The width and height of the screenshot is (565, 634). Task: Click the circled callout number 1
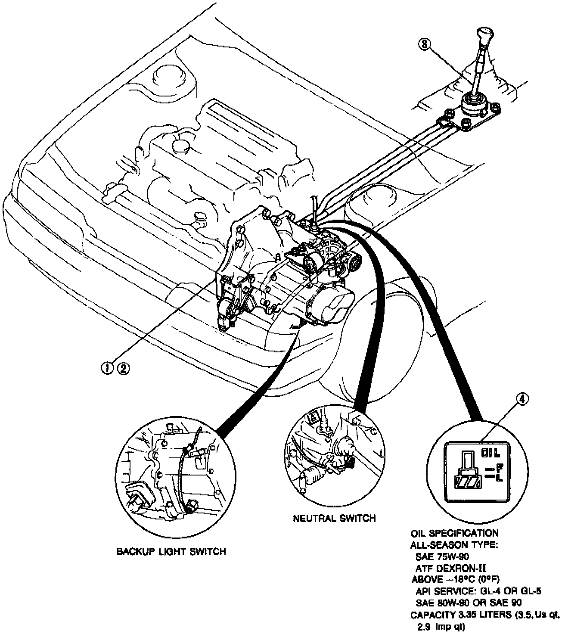pyautogui.click(x=106, y=367)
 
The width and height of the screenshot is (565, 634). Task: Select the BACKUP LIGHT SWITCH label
pyautogui.click(x=171, y=551)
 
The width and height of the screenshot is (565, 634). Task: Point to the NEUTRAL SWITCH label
pyautogui.click(x=334, y=518)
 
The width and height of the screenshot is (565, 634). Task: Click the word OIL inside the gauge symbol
pyautogui.click(x=491, y=453)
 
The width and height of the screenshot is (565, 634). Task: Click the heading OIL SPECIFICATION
pyautogui.click(x=455, y=533)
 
